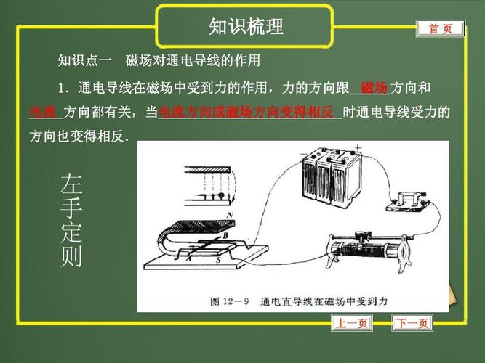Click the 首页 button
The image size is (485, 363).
(440, 28)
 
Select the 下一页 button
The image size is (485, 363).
(412, 323)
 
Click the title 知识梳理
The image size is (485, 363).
(246, 27)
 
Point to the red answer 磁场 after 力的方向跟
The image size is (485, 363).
(374, 88)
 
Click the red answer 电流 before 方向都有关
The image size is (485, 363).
(44, 113)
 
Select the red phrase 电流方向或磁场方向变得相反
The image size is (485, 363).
(246, 113)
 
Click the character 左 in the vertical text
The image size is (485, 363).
(71, 184)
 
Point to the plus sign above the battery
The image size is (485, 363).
(357, 148)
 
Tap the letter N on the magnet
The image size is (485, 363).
(230, 216)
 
